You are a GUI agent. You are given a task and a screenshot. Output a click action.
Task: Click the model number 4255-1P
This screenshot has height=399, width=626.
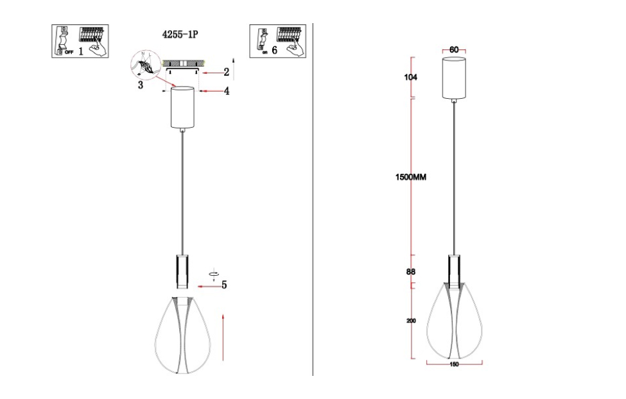click(x=181, y=36)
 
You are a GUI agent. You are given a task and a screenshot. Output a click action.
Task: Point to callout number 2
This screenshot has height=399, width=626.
click(x=226, y=72)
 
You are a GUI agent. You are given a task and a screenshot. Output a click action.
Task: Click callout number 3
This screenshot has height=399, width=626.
click(x=140, y=85)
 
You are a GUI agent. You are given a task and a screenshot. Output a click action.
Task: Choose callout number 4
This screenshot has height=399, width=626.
click(x=226, y=92)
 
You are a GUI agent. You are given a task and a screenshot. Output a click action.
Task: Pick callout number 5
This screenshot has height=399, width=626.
click(x=224, y=285)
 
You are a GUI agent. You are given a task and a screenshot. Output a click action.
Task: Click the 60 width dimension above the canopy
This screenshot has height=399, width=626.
click(x=454, y=49)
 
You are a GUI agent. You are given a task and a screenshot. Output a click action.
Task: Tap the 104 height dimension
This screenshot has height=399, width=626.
click(x=411, y=77)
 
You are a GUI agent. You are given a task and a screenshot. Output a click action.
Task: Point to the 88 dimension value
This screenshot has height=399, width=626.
click(x=410, y=271)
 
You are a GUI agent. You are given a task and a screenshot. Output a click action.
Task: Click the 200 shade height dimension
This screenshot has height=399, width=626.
click(x=411, y=321)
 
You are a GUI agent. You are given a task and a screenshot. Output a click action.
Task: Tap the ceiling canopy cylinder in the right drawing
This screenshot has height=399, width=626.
click(x=454, y=78)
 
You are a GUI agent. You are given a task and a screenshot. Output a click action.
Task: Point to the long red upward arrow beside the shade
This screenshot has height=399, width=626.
click(x=222, y=336)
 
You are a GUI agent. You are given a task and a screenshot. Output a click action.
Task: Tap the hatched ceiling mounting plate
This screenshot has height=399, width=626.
click(x=182, y=64)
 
